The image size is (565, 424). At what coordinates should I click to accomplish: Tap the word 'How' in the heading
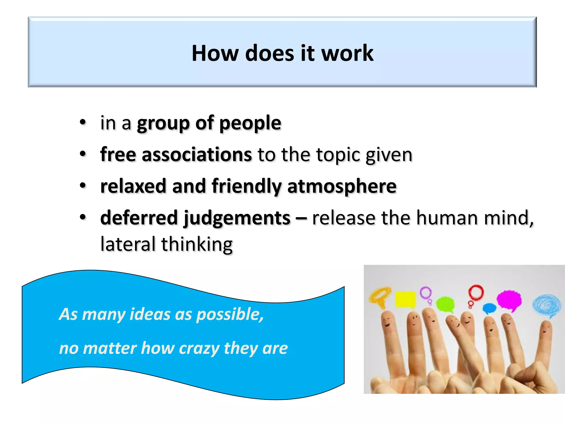point(215,53)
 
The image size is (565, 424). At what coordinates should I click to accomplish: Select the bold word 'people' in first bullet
point(250,123)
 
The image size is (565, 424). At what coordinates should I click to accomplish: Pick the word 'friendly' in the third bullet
point(246,186)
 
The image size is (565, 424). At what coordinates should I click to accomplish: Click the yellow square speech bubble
point(405,299)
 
